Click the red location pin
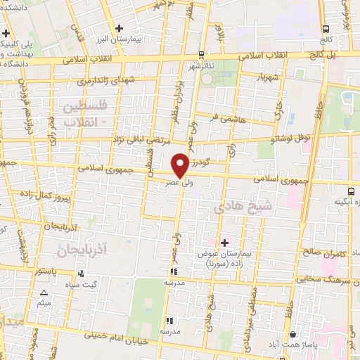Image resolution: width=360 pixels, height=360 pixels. point(181,165)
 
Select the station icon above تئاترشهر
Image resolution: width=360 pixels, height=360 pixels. point(202,54)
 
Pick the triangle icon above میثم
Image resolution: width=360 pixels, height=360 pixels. point(44,292)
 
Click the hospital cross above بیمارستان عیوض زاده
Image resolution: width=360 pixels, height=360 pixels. point(224,243)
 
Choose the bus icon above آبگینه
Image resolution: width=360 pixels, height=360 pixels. point(351,191)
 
